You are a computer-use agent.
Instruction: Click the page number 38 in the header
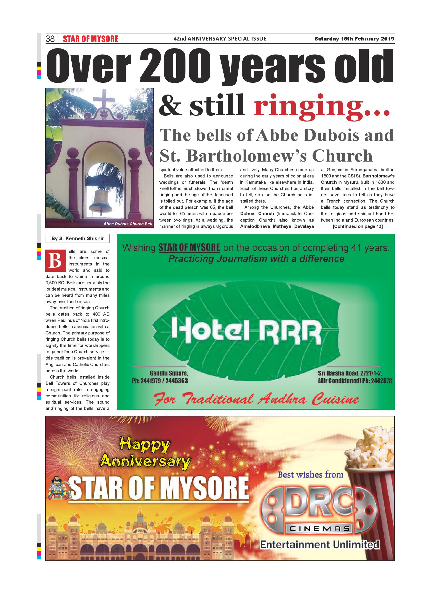click(50, 39)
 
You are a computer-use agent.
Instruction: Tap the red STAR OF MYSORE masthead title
click(90, 39)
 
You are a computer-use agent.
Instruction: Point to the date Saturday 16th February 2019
click(354, 39)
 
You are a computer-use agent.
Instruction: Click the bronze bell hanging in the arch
click(101, 201)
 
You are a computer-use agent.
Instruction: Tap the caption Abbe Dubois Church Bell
click(128, 224)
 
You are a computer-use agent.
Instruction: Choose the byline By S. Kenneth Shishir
click(77, 238)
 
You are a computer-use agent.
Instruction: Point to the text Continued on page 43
click(358, 226)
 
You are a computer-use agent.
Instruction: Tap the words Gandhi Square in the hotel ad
click(169, 373)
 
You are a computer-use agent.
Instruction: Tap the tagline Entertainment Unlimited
click(320, 545)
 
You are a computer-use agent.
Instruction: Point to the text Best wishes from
click(310, 475)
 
